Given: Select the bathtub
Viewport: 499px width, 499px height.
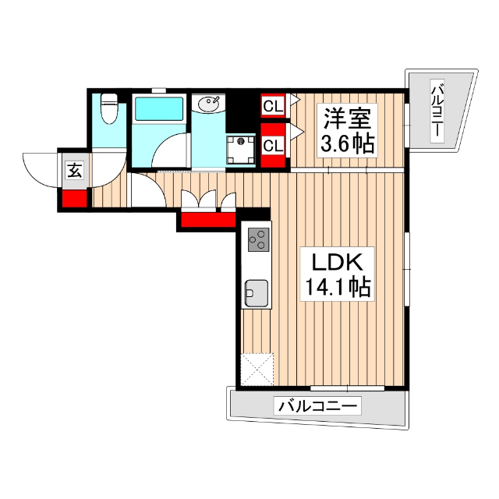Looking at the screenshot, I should [158, 109].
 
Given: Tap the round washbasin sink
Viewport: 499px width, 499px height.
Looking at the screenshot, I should [208, 103].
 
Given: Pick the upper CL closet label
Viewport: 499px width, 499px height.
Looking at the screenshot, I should [273, 105].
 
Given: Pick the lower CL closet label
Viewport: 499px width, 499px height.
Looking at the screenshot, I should [273, 145].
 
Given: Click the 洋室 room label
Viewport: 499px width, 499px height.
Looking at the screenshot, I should [346, 119].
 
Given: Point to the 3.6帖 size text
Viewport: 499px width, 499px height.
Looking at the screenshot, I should [346, 144].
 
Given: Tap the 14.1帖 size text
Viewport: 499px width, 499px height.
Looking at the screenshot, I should [333, 288].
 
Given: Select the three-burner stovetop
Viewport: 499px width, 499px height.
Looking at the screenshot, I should [258, 239].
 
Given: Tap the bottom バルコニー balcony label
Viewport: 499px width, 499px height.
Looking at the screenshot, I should [318, 406].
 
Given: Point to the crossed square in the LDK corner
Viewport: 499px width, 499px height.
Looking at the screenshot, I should [258, 370].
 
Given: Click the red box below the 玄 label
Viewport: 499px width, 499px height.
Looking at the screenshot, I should [74, 198].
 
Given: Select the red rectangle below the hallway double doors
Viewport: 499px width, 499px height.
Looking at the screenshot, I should [208, 220].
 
